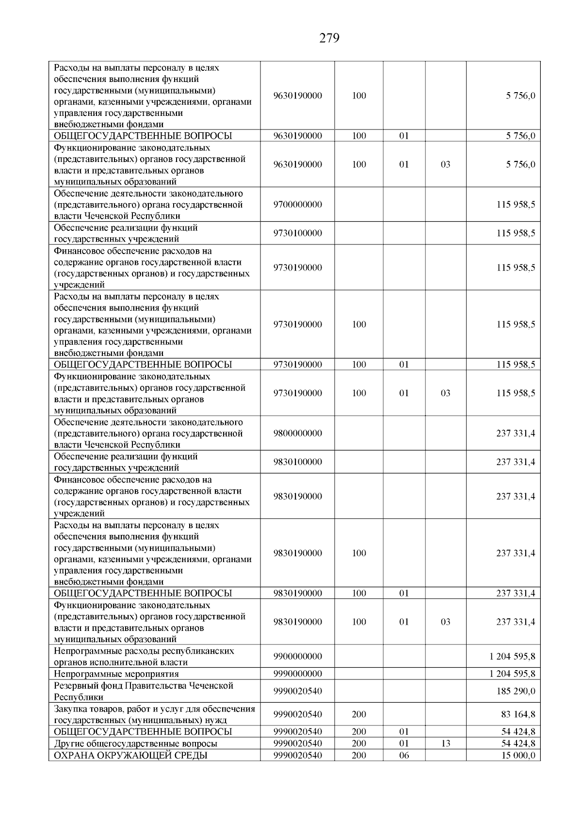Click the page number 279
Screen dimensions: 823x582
click(x=329, y=38)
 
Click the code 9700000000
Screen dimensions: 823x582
click(x=297, y=204)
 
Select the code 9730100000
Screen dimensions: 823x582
click(x=297, y=233)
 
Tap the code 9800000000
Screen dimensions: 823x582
click(x=297, y=433)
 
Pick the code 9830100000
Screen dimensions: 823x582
click(x=297, y=462)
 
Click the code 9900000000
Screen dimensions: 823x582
click(x=297, y=656)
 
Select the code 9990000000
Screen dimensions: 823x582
click(x=297, y=674)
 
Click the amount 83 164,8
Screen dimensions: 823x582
click(x=518, y=714)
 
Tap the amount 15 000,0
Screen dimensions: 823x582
click(x=518, y=755)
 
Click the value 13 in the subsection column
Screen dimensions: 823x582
click(x=445, y=743)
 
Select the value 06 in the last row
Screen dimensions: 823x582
click(x=404, y=755)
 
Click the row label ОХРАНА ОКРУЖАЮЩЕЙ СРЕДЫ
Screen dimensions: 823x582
click(x=131, y=755)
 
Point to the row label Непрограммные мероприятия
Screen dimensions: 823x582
click(x=116, y=674)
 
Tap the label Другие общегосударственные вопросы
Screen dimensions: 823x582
click(x=135, y=743)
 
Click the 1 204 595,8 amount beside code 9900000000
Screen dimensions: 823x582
click(x=512, y=656)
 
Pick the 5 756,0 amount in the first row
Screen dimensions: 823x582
click(x=520, y=96)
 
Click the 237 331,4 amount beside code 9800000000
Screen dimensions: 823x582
click(x=516, y=433)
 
